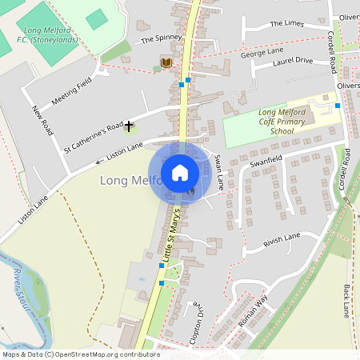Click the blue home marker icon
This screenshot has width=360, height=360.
pyautogui.click(x=180, y=172)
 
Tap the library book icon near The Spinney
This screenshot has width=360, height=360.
pyautogui.click(x=166, y=62)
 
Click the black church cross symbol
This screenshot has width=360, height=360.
pyautogui.click(x=128, y=126)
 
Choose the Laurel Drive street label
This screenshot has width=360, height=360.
pyautogui.click(x=293, y=61)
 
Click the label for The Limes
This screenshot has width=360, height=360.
pyautogui.click(x=287, y=24)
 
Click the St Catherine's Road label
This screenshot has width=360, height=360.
pyautogui.click(x=93, y=136)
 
